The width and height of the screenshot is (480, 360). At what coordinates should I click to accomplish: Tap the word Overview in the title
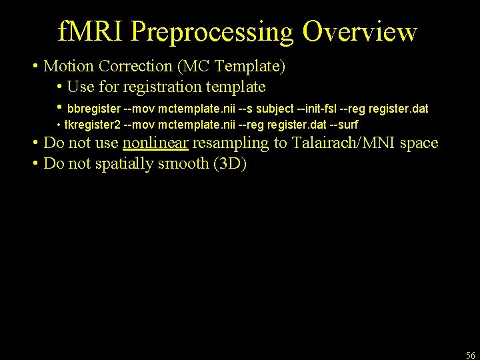tap(359, 32)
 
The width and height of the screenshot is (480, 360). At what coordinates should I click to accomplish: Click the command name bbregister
tap(94, 108)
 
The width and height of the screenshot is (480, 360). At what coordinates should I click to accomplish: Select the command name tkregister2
tap(93, 125)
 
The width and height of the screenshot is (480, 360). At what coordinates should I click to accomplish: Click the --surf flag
tap(344, 125)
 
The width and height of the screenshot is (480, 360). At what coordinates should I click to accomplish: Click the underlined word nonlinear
tap(155, 143)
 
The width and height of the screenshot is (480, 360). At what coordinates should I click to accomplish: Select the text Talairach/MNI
tap(347, 143)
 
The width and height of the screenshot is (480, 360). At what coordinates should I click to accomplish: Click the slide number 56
tap(470, 355)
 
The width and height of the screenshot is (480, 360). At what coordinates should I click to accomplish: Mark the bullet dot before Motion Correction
tap(35, 67)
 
